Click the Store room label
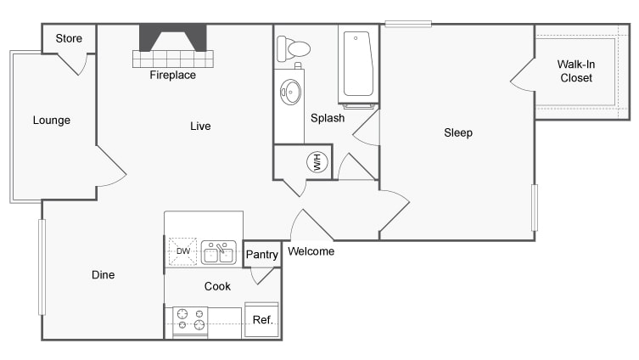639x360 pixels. pyautogui.click(x=69, y=38)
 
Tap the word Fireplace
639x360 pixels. pyautogui.click(x=173, y=75)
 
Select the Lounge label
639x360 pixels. pyautogui.click(x=52, y=121)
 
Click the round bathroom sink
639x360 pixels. pyautogui.click(x=290, y=92)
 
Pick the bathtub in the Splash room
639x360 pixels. pyautogui.click(x=359, y=64)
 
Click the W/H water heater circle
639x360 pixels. pyautogui.click(x=317, y=162)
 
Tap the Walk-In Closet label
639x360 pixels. pyautogui.click(x=576, y=71)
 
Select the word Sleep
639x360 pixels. pyautogui.click(x=458, y=132)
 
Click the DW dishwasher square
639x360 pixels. pyautogui.click(x=183, y=251)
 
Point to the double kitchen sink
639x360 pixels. pyautogui.click(x=219, y=252)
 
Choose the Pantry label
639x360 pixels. pyautogui.click(x=261, y=255)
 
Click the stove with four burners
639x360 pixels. pyautogui.click(x=190, y=322)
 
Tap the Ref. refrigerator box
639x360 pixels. pyautogui.click(x=261, y=320)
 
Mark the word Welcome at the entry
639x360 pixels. pyautogui.click(x=311, y=251)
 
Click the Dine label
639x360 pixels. pyautogui.click(x=103, y=275)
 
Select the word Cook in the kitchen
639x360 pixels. pyautogui.click(x=217, y=286)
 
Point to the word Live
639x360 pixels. pyautogui.click(x=200, y=126)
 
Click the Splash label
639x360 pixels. pyautogui.click(x=328, y=118)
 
